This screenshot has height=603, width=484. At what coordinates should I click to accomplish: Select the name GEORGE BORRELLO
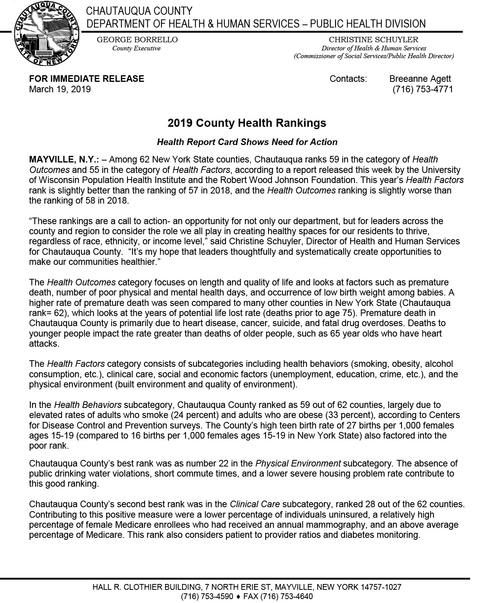tap(137, 40)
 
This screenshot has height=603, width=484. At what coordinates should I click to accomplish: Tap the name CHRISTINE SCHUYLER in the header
tap(374, 40)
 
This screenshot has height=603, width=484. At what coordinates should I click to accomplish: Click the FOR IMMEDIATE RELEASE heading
tap(86, 79)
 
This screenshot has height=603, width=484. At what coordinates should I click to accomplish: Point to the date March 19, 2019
tap(60, 89)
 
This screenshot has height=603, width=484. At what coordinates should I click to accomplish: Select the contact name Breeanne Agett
tap(420, 79)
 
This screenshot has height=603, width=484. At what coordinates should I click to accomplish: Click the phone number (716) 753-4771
tap(422, 89)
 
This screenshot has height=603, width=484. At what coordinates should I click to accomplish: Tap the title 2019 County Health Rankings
tap(247, 123)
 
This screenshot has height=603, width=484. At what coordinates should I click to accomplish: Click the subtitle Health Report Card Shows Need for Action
tap(247, 142)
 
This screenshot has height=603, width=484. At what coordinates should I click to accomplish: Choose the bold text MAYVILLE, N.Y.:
tap(64, 159)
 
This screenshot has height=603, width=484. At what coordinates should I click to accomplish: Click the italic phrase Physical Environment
tap(298, 463)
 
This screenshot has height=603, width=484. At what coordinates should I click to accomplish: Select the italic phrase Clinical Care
tap(255, 505)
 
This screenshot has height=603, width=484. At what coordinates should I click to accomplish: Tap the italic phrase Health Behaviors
tap(88, 405)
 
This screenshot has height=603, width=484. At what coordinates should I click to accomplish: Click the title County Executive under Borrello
tap(136, 48)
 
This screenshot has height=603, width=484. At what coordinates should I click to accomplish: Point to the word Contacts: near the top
tap(348, 79)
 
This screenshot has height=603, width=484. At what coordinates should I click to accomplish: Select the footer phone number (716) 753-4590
tap(207, 596)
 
